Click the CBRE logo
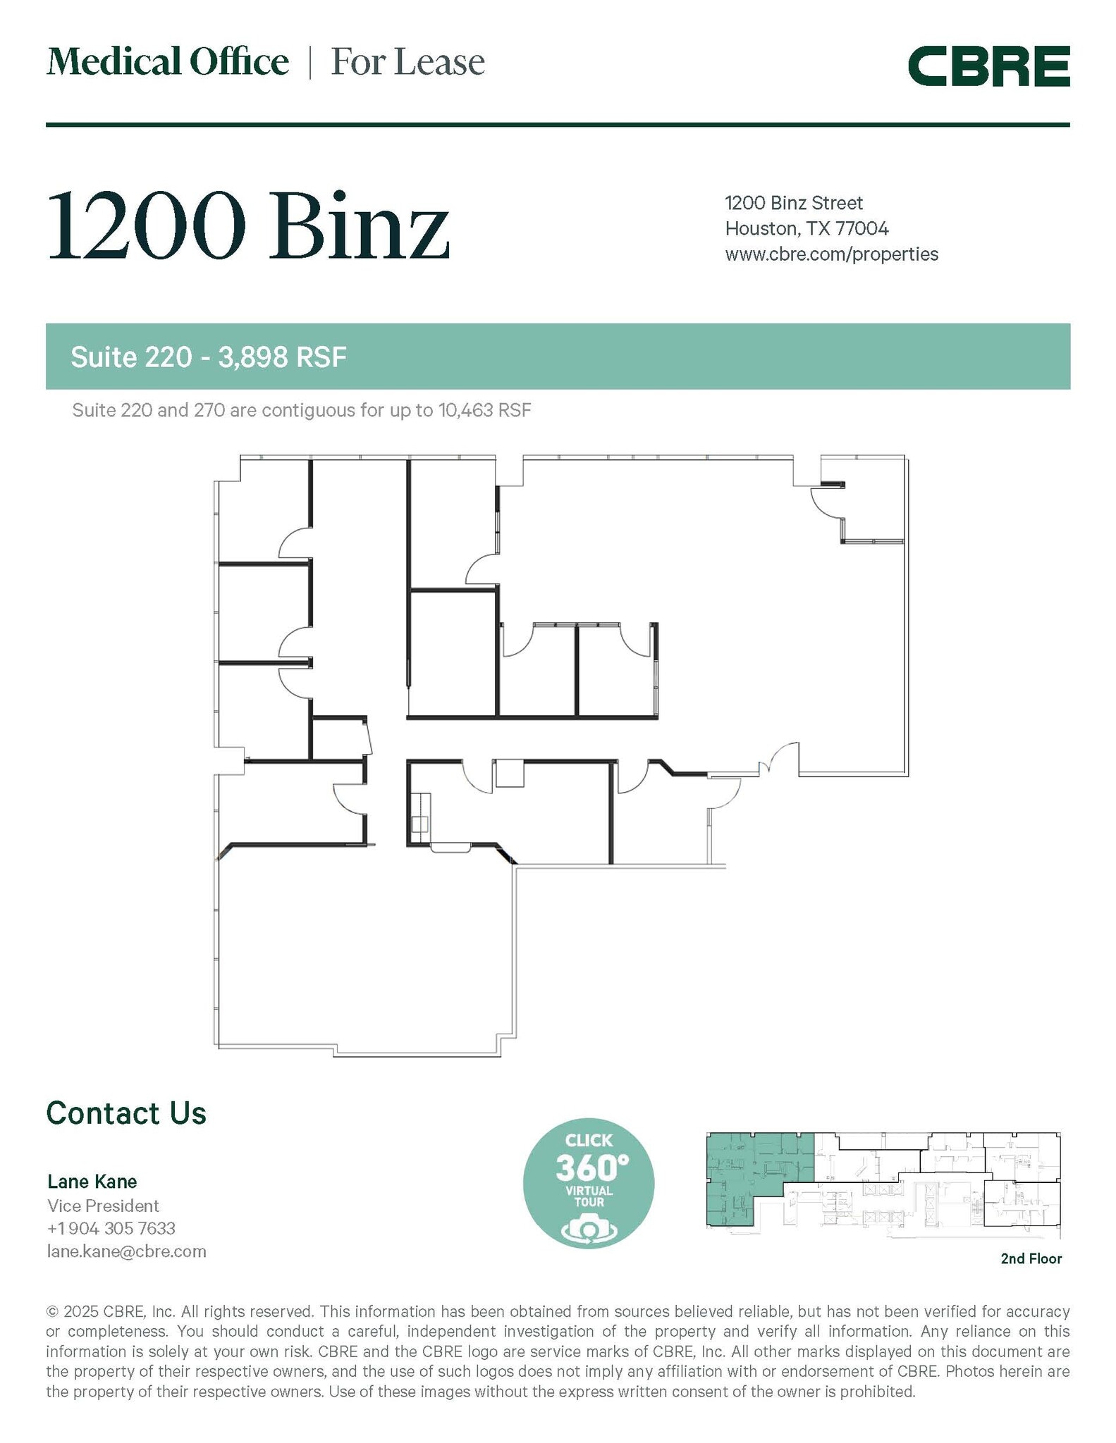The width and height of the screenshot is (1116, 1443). [988, 66]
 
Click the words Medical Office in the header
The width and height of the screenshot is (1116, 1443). [168, 62]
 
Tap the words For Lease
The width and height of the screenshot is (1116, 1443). [407, 62]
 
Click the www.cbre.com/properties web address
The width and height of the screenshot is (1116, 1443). [831, 254]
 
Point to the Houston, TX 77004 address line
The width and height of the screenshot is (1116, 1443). [807, 229]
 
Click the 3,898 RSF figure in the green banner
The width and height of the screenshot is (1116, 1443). [282, 358]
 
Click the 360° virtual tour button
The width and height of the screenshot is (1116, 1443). [588, 1184]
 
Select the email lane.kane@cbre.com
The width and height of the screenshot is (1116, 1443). [127, 1251]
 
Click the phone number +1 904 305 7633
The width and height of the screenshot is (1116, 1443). [111, 1228]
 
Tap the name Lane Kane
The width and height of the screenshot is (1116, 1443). [92, 1182]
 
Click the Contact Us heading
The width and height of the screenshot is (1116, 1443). [126, 1114]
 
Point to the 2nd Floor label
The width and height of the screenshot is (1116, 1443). [1031, 1258]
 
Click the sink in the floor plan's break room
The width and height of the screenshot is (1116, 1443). [421, 824]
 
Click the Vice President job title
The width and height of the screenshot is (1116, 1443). [103, 1206]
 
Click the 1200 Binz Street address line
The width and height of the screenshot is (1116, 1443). [794, 204]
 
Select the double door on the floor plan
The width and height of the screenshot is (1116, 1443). [778, 760]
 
